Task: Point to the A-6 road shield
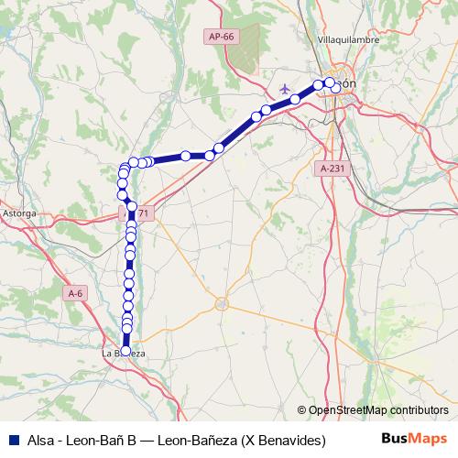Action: point(76,293)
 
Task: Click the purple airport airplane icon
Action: point(286,88)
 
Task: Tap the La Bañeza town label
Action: point(122,353)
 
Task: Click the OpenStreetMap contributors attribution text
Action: point(378,409)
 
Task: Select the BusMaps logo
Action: point(414,439)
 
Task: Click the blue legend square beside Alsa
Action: point(12,440)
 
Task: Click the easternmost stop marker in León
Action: point(336,88)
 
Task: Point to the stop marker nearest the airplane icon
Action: point(296,99)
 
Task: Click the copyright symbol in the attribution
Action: point(302,409)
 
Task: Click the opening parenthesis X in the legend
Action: point(245,440)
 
